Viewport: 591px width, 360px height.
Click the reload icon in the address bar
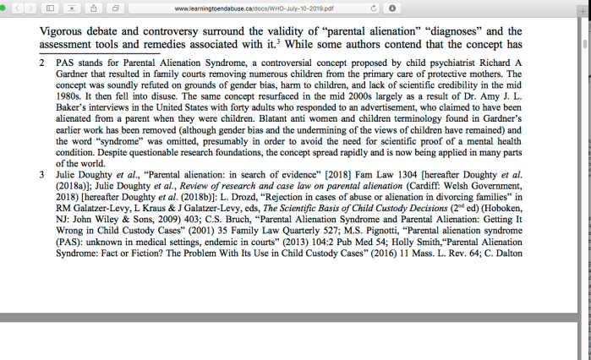click(x=373, y=8)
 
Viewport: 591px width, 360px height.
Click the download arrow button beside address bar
click(x=392, y=8)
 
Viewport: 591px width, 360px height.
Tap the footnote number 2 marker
click(x=42, y=63)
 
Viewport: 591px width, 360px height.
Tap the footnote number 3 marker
click(x=42, y=175)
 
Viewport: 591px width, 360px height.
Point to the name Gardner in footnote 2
click(x=74, y=74)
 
